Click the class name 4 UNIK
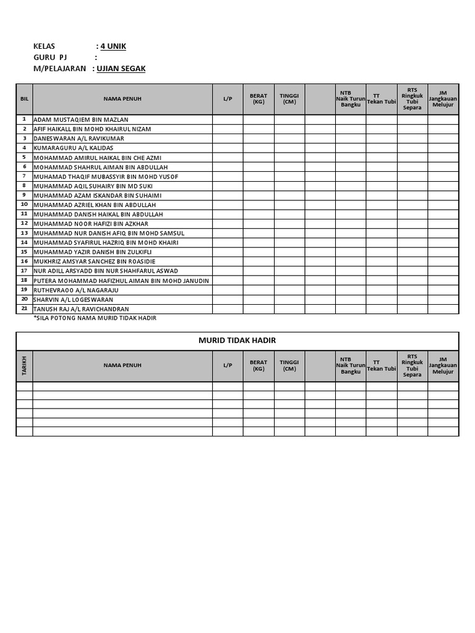pyautogui.click(x=114, y=46)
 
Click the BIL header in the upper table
pyautogui.click(x=24, y=98)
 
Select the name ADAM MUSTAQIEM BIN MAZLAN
pyautogui.click(x=81, y=119)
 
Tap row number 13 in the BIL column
pyautogui.click(x=24, y=233)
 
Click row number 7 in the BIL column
pyautogui.click(x=24, y=176)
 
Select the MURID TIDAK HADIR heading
pyautogui.click(x=237, y=341)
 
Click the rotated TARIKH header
pyautogui.click(x=24, y=365)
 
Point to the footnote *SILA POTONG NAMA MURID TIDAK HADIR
pyautogui.click(x=95, y=318)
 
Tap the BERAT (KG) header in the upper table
pyautogui.click(x=259, y=99)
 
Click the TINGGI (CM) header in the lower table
pyautogui.click(x=289, y=365)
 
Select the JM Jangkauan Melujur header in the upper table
pyautogui.click(x=443, y=98)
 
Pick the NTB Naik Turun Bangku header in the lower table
pyautogui.click(x=350, y=365)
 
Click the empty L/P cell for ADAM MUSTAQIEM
pyautogui.click(x=228, y=119)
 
